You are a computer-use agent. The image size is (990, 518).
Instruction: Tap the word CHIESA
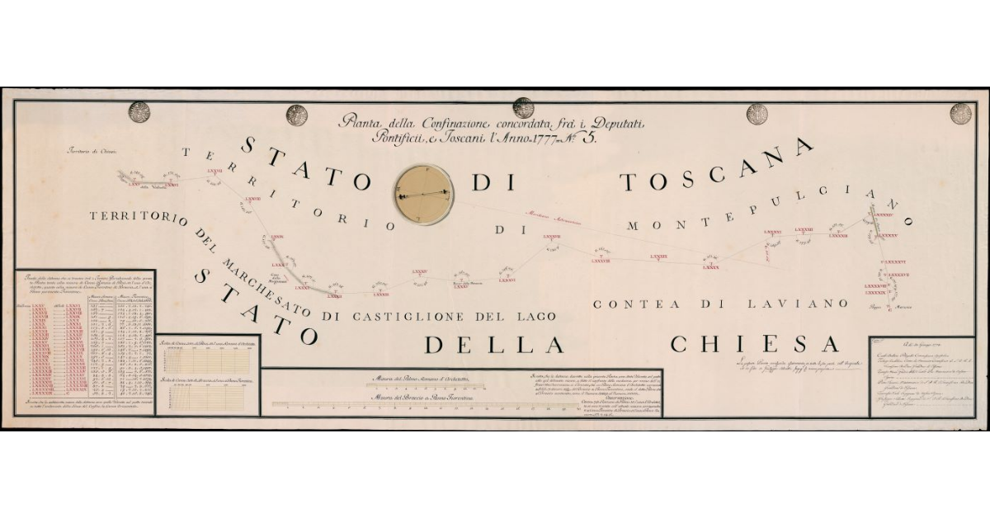(x=754, y=343)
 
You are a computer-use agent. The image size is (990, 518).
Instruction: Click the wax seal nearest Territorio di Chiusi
(x=139, y=112)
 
